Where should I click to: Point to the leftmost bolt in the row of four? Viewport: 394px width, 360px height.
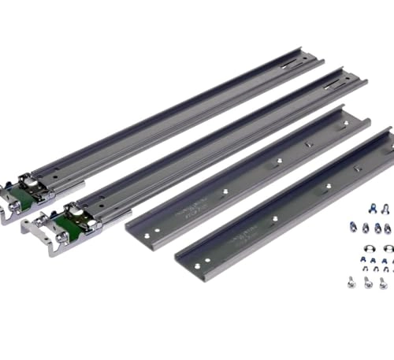pos(354,228)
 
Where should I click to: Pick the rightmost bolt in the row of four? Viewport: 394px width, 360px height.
pos(388,228)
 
